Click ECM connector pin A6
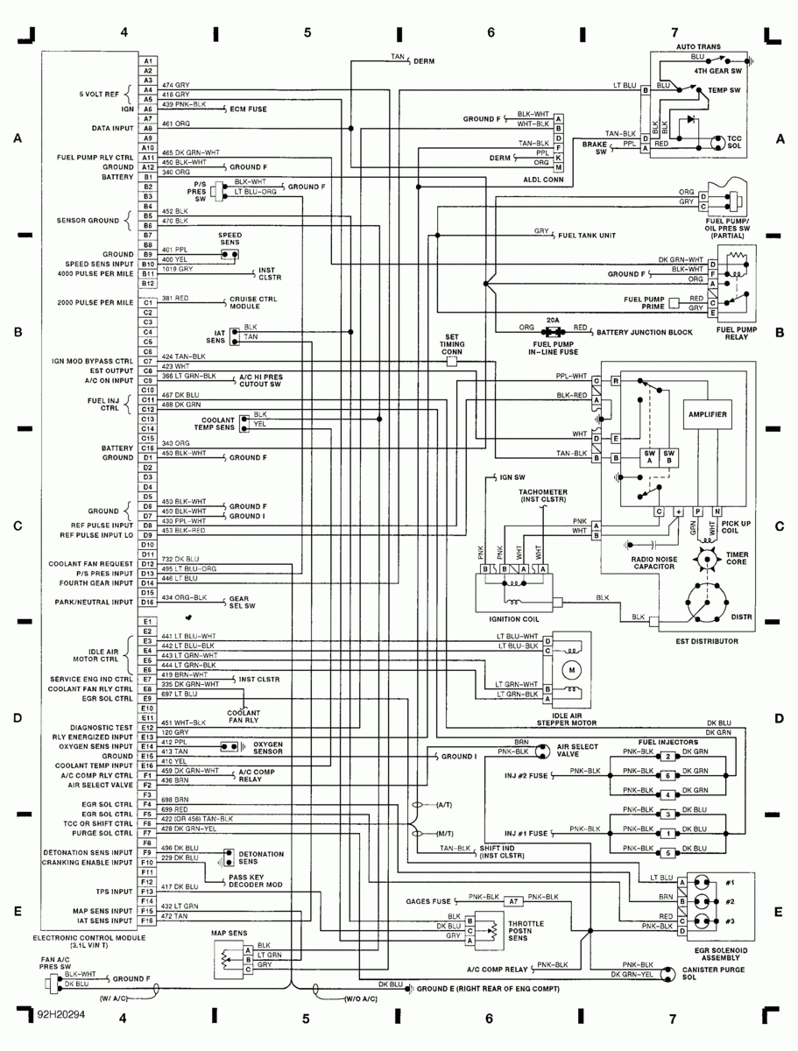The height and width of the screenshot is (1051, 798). click(148, 109)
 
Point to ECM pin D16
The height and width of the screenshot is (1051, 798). click(148, 603)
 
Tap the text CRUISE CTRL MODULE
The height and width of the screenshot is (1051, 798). click(254, 304)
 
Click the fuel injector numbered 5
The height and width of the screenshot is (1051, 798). click(668, 852)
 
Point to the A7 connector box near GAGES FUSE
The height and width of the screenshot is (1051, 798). click(514, 900)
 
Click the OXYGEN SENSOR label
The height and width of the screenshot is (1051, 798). click(271, 746)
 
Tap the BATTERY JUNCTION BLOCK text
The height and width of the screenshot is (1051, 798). click(645, 333)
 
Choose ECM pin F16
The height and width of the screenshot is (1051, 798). click(148, 921)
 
